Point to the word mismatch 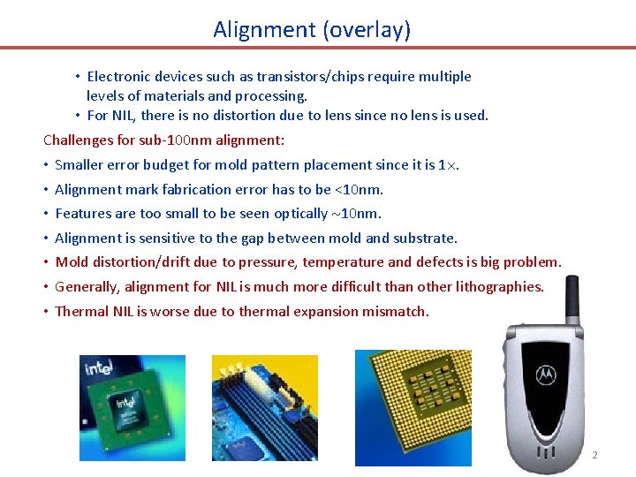click(x=397, y=311)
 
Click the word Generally click(x=87, y=286)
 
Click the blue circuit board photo click(x=264, y=408)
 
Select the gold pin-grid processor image click(x=413, y=406)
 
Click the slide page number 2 click(x=594, y=455)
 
